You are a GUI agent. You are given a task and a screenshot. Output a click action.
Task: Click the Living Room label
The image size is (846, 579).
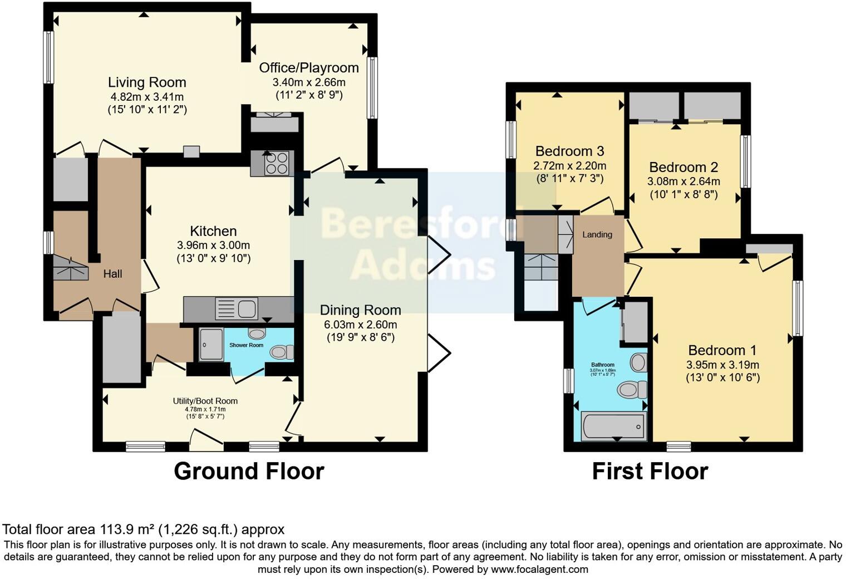pyautogui.click(x=147, y=82)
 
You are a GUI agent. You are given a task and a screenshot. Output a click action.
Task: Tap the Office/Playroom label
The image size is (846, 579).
pyautogui.click(x=309, y=68)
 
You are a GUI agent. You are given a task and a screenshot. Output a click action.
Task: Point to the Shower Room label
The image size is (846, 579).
pyautogui.click(x=246, y=345)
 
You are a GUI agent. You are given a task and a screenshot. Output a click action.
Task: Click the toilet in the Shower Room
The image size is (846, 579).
pyautogui.click(x=281, y=352)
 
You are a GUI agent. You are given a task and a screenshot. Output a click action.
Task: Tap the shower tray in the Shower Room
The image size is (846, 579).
pyautogui.click(x=210, y=344)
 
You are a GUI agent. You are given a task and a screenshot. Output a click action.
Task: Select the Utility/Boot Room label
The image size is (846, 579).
pyautogui.click(x=205, y=401)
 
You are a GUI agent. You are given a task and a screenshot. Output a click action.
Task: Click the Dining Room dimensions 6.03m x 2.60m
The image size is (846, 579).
pyautogui.click(x=360, y=325)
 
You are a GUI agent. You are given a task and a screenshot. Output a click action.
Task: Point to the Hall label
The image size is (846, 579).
pyautogui.click(x=112, y=274)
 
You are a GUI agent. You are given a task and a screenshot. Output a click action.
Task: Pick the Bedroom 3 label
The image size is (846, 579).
pyautogui.click(x=569, y=151)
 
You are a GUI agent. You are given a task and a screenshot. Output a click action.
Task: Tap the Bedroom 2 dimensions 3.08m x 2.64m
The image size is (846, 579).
pyautogui.click(x=683, y=181)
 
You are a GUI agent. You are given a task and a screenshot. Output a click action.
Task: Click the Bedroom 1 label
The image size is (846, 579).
pyautogui.click(x=722, y=350)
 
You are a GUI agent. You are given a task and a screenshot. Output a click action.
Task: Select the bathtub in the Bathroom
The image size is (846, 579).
pyautogui.click(x=613, y=426)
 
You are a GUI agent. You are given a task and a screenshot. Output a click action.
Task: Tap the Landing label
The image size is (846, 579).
pyautogui.click(x=597, y=234)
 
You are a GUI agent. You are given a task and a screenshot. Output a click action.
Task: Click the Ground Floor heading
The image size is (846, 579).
pyautogui.click(x=249, y=471)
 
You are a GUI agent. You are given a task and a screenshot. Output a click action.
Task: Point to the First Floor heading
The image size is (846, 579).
pyautogui.click(x=650, y=471)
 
